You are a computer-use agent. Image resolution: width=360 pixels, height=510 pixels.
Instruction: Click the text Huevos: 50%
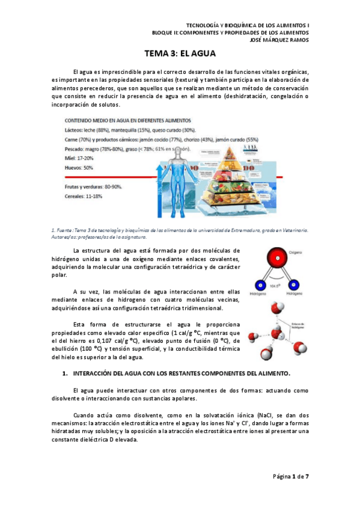(79, 167)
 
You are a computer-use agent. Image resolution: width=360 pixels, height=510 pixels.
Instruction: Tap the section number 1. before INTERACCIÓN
(66, 373)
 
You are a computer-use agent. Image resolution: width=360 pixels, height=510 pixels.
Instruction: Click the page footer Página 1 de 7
(291, 476)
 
